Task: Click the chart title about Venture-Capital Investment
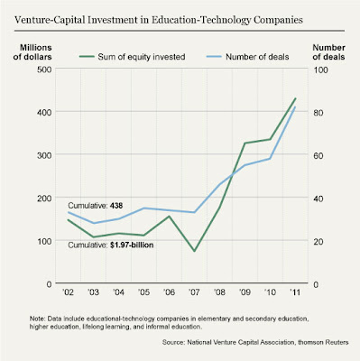coord(159,20)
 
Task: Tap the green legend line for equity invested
coord(87,57)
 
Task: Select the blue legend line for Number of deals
coord(214,57)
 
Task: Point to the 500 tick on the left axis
coord(44,69)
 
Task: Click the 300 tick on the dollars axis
coord(44,155)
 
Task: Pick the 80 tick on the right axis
coord(318,113)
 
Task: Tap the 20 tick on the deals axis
coord(318,242)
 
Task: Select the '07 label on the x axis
coord(194,292)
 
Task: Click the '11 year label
coord(295,292)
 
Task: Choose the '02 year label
coord(68,292)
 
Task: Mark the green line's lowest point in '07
coord(194,251)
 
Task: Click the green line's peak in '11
coord(295,98)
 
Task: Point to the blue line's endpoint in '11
coord(295,106)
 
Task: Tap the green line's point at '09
coord(245,143)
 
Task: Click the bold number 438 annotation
coord(116,206)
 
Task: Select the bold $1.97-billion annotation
coord(132,245)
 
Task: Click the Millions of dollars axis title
coord(32,52)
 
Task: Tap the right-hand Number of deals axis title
coord(328,52)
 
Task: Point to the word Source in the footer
coord(172,342)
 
